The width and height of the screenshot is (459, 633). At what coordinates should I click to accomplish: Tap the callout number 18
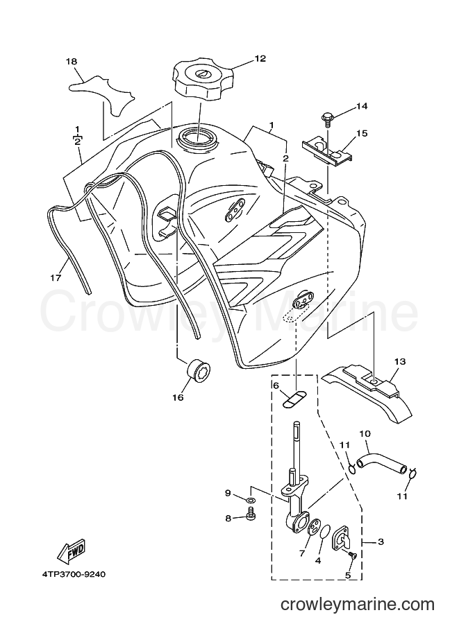tap(72, 62)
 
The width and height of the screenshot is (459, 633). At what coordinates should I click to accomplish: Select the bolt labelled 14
tap(326, 119)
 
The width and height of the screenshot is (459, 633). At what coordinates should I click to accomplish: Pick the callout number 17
tap(56, 278)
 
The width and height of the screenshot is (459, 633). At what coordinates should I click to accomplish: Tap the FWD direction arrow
tap(72, 550)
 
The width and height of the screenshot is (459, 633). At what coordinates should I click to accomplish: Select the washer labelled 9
tap(250, 501)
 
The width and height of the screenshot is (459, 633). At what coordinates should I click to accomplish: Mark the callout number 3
tap(380, 541)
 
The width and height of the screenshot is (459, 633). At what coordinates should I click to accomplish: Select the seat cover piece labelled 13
tap(366, 394)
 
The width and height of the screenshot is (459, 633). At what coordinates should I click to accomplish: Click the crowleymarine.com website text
tap(357, 605)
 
